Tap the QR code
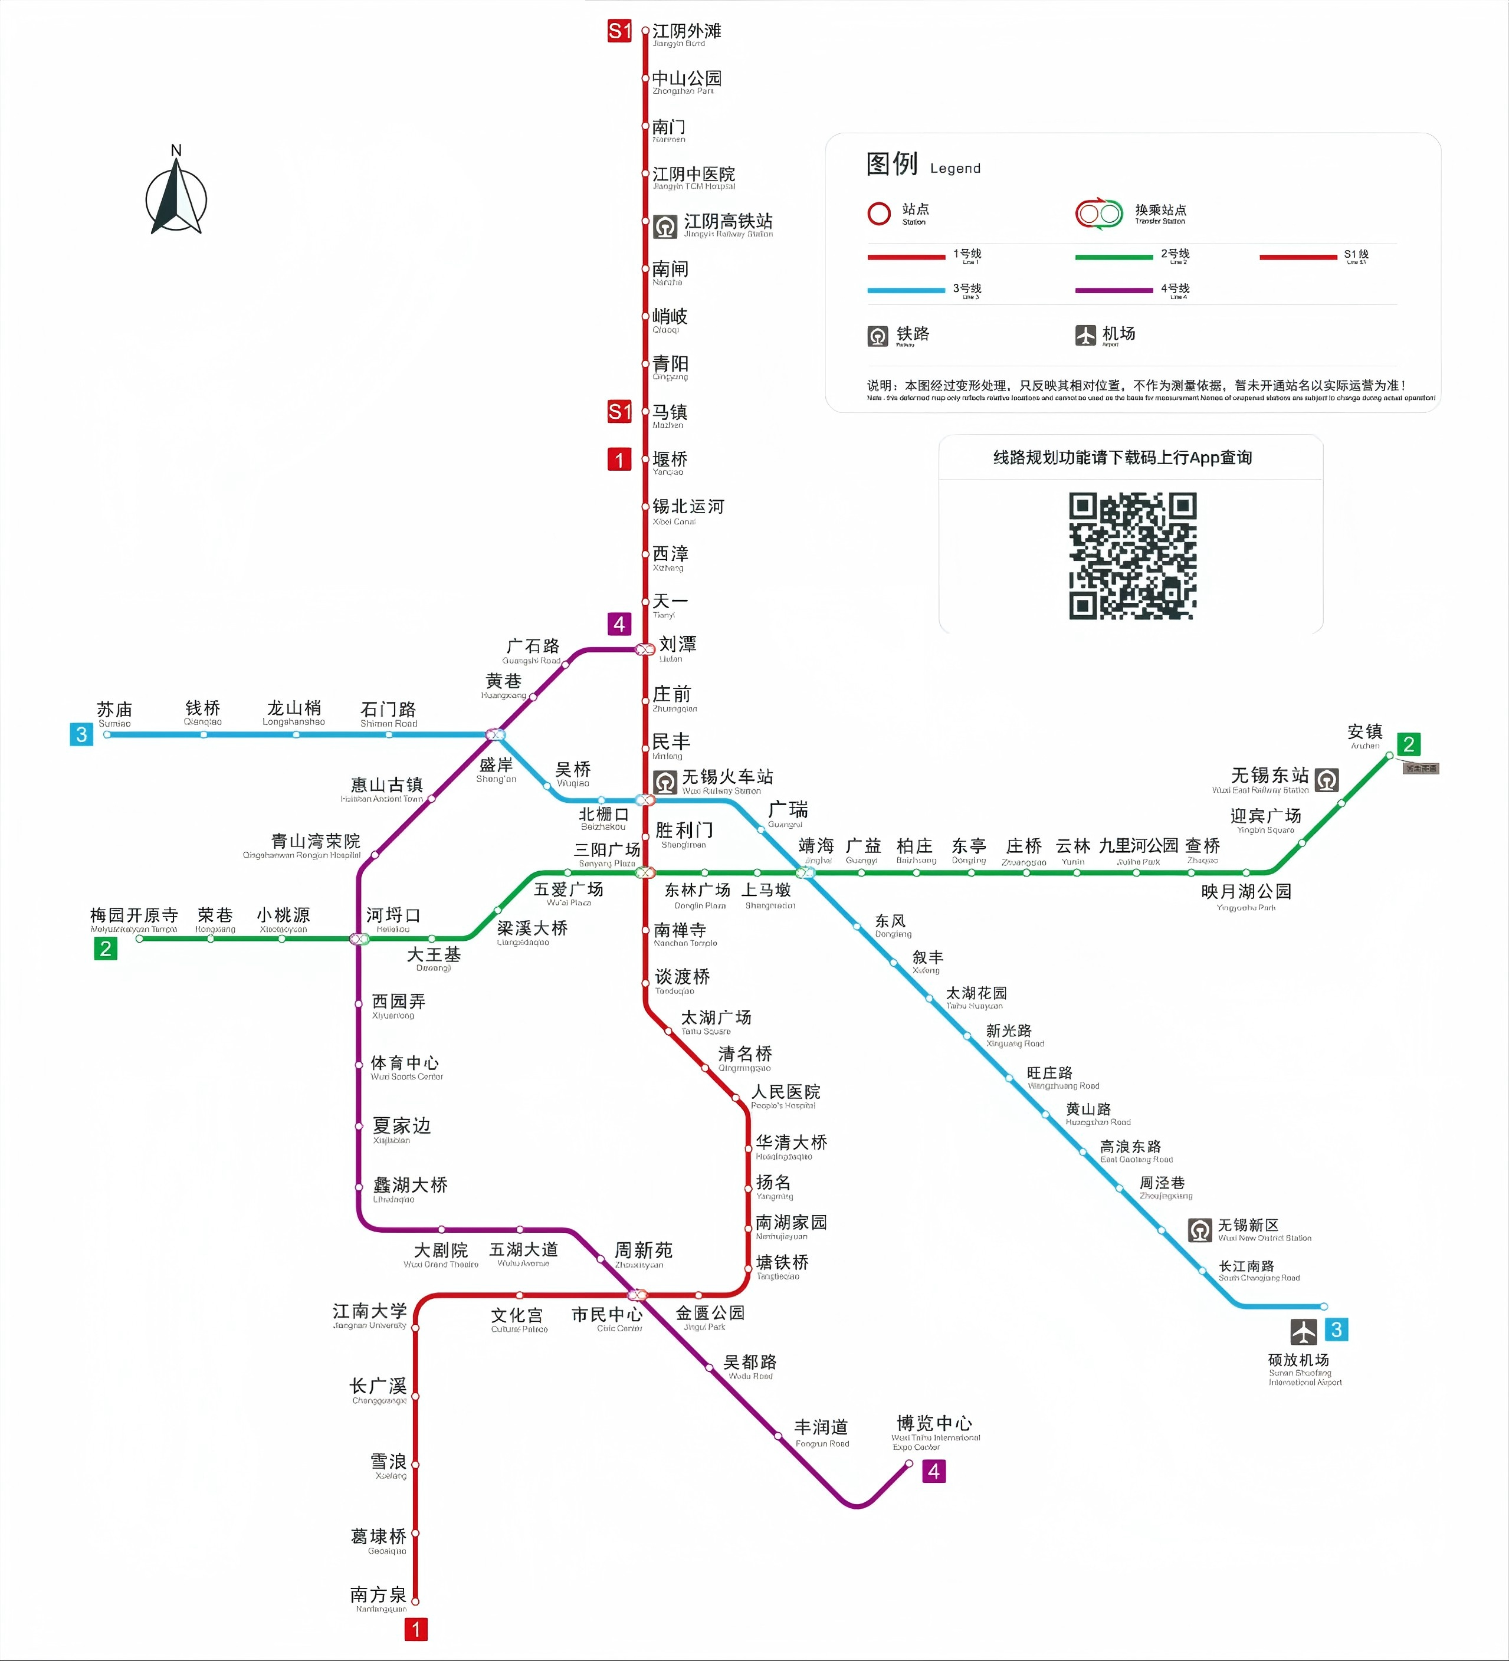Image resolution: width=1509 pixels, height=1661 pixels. (x=1133, y=555)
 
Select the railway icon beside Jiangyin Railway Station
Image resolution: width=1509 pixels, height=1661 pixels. (x=665, y=226)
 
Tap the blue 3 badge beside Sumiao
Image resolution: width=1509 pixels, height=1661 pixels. (x=81, y=734)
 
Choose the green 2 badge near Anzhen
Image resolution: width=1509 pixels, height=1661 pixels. (x=1409, y=744)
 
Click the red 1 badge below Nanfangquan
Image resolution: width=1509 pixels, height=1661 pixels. (x=416, y=1629)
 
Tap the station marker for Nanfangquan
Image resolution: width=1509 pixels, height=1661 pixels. (x=415, y=1601)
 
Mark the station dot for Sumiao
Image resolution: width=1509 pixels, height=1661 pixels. (x=107, y=734)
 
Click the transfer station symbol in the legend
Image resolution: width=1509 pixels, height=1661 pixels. (x=1098, y=214)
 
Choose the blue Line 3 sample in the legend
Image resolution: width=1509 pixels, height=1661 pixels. (x=906, y=290)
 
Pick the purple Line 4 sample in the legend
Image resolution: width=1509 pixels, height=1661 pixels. (x=1113, y=290)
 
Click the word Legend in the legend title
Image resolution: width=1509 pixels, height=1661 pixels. (x=955, y=168)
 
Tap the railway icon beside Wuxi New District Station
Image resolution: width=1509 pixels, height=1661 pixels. (x=1200, y=1230)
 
